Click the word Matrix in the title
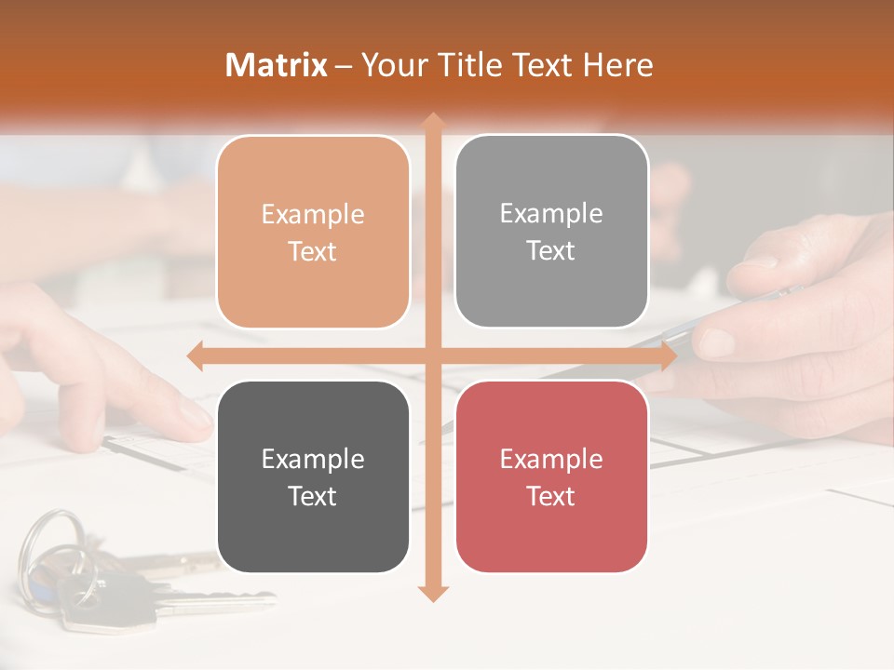coord(277,65)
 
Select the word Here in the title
coord(617,65)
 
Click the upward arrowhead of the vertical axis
coord(433,121)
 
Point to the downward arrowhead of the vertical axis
coord(433,594)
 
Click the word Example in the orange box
coord(313,214)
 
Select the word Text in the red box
coord(551,496)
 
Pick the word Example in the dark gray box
coord(313,459)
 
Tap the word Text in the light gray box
coord(551,250)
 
